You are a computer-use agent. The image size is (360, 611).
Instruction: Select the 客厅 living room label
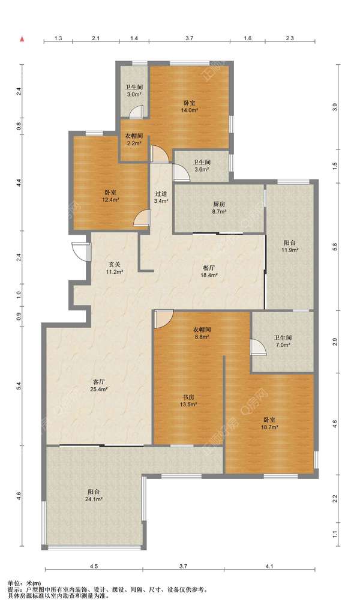pos(98,382)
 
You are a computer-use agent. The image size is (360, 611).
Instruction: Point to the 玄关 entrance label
pos(114,265)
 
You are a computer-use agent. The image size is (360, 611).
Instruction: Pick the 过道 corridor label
pos(161,194)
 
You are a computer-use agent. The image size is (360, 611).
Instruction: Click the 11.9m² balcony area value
pos(290,250)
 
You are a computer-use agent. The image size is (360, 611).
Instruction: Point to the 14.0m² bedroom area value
pos(190,110)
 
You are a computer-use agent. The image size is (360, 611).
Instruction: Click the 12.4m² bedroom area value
pos(110,200)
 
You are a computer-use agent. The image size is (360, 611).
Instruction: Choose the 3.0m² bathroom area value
pos(134,94)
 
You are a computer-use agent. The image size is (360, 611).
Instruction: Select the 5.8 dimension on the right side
pos(335,247)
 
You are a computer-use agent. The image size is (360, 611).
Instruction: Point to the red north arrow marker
pos(23,39)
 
